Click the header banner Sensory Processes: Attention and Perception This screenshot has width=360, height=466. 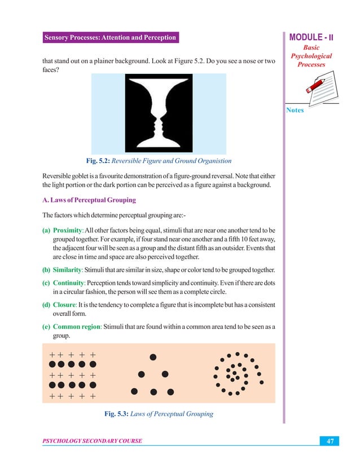click(x=111, y=38)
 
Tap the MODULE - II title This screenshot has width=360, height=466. click(x=312, y=38)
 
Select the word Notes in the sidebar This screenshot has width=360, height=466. click(x=295, y=110)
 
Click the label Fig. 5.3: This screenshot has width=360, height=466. click(x=116, y=414)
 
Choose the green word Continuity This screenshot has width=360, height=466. click(x=69, y=282)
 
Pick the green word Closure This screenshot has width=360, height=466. click(x=65, y=305)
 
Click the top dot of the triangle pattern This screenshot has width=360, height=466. click(x=152, y=357)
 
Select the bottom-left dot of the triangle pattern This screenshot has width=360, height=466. click(x=134, y=391)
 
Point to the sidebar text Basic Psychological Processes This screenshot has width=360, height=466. click(x=310, y=56)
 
